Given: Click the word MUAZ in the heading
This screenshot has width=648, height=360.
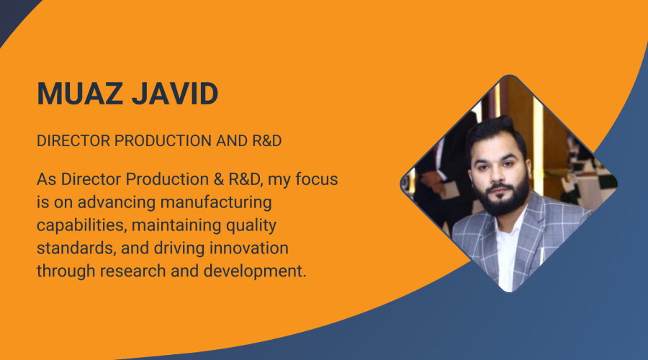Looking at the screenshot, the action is tap(80, 94).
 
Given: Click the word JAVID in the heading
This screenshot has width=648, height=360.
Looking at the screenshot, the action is tap(175, 94).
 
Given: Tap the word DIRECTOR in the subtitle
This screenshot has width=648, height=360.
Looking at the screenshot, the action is tap(73, 141).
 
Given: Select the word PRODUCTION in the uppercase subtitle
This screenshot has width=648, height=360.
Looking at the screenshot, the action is tap(163, 141).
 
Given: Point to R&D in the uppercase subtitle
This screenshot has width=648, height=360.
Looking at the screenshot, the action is tap(267, 141).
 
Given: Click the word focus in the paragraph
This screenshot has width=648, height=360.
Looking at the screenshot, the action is tap(317, 179).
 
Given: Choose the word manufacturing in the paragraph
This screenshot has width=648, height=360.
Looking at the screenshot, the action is tap(216, 202).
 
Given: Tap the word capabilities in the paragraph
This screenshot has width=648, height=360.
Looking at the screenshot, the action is tap(82, 225).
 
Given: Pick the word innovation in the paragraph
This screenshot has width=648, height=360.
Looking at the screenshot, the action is tap(249, 248).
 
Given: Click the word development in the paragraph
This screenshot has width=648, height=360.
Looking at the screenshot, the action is tap(255, 271).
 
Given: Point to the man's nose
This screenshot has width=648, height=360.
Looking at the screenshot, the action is tap(498, 176).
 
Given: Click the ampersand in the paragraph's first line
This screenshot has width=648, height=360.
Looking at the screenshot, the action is tap(219, 179).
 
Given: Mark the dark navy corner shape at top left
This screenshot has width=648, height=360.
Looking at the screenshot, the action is tap(12, 14).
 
